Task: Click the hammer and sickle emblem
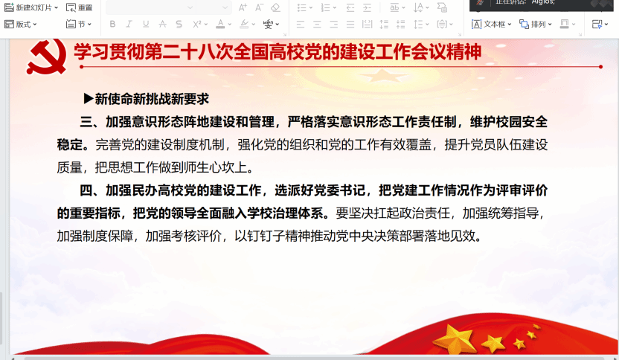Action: (46, 57)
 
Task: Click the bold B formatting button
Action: (112, 24)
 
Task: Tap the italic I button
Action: (129, 24)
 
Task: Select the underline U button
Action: (146, 24)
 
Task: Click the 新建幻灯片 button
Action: (31, 7)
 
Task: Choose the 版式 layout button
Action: (20, 25)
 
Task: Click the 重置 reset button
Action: (80, 7)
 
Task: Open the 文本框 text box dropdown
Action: (491, 25)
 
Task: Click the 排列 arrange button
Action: (536, 25)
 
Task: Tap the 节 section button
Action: (79, 25)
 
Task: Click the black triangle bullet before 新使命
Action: (89, 99)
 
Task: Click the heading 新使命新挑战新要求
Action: (152, 99)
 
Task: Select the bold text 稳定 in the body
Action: (69, 145)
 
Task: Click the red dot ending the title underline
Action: (600, 67)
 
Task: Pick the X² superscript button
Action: (197, 24)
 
